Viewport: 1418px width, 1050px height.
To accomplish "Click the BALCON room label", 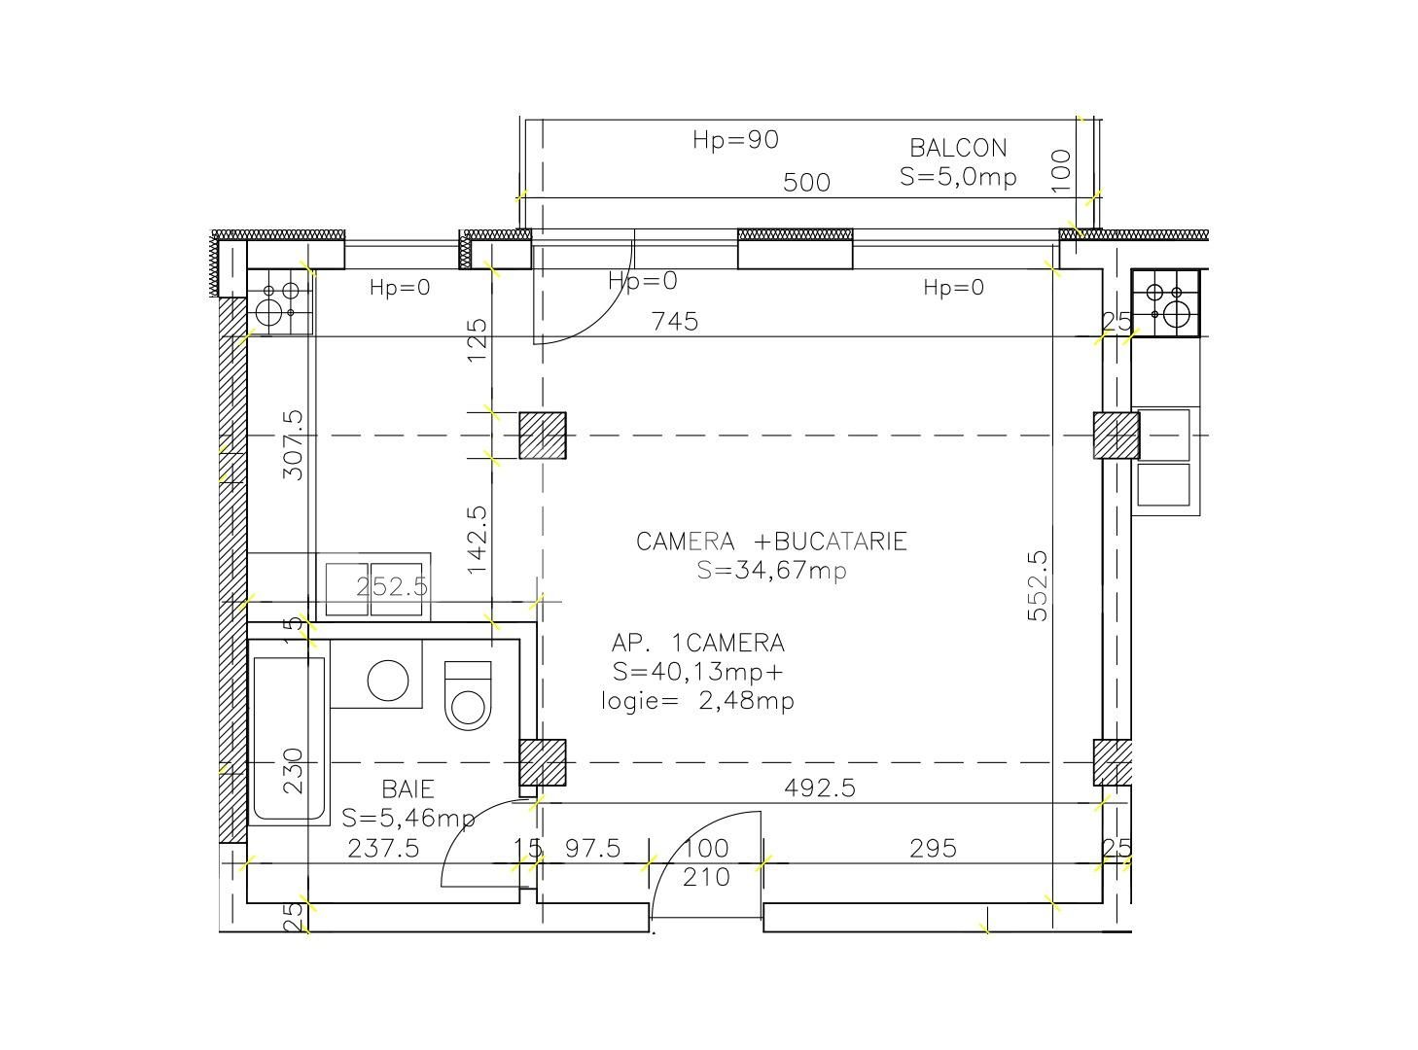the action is pos(958,149).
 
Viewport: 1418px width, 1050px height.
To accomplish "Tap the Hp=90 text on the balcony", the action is pos(736,140).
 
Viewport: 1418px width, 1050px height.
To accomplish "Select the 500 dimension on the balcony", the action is pos(807,183).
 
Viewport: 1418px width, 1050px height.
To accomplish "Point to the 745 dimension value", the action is pos(675,321).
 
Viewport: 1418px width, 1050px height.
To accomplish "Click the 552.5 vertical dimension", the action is pos(1038,585).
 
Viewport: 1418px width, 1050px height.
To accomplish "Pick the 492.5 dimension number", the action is pos(820,787).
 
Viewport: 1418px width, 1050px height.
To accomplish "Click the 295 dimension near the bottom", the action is pos(934,849).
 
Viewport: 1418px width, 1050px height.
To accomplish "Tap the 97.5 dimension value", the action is pos(592,848).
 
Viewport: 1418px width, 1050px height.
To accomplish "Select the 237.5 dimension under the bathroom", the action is pos(383,849).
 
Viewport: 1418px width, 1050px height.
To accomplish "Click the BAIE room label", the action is pos(408,789).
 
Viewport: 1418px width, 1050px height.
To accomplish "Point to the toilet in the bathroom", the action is pos(468,696).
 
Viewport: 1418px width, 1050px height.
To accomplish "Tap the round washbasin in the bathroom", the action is pos(388,680).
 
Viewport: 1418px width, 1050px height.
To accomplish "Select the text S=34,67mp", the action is pos(771,570).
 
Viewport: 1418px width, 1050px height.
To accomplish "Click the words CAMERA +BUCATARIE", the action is pos(771,542).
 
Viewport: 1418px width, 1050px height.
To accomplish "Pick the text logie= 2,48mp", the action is pos(698,701).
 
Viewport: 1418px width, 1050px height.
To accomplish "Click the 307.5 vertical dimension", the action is pos(294,445).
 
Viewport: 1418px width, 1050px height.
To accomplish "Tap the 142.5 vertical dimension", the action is pos(477,540).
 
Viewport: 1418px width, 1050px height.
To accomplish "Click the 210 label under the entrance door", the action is pos(706,878).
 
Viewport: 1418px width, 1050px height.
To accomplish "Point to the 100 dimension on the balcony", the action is pos(1061,170).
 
